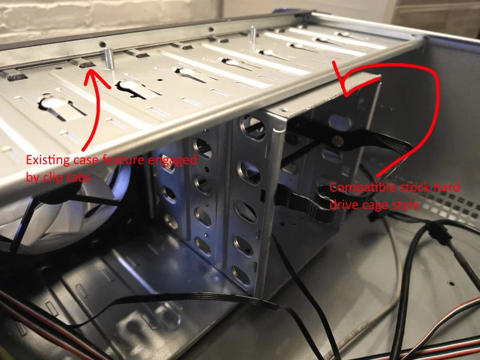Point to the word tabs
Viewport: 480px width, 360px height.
[x=80, y=177]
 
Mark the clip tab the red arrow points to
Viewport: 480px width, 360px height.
[x=82, y=63]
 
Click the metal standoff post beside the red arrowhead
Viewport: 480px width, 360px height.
[x=109, y=59]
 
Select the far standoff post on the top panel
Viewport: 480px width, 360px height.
[x=253, y=34]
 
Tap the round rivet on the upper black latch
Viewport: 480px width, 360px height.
[x=338, y=141]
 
